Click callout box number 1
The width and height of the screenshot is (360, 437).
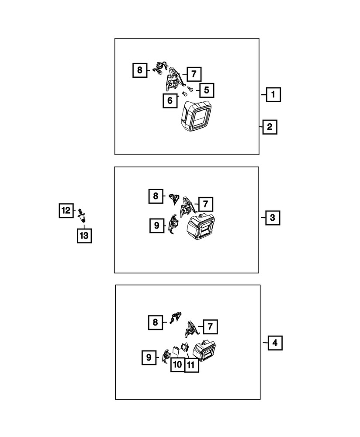[x=273, y=94]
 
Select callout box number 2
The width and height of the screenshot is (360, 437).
[x=270, y=127]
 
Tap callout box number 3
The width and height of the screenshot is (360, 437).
[x=273, y=218]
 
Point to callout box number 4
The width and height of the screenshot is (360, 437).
[x=275, y=343]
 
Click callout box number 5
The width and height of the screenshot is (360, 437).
[x=207, y=90]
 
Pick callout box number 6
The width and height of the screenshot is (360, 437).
[x=170, y=101]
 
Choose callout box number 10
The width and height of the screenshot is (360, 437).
[x=178, y=364]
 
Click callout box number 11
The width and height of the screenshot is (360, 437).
[x=191, y=365]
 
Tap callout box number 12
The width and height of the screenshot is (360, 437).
[x=66, y=211]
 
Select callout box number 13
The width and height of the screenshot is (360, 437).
[x=84, y=236]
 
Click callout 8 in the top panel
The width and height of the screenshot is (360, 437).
[x=140, y=70]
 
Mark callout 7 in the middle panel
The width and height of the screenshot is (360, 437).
[x=206, y=204]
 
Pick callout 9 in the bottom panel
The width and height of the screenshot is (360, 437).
[x=149, y=357]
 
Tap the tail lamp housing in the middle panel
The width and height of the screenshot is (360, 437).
[x=201, y=227]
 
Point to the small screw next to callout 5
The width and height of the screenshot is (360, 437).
[x=190, y=89]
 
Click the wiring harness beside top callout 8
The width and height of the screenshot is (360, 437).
[x=161, y=69]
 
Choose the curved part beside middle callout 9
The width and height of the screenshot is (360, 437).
[x=173, y=224]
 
